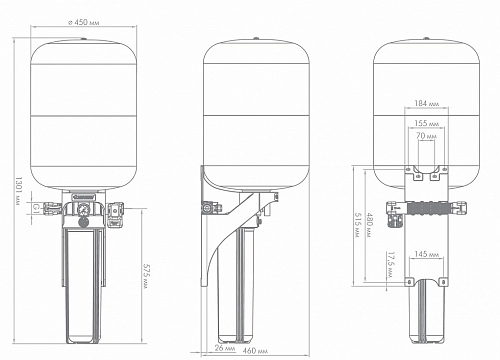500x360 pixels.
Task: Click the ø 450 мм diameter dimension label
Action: pos(83,22)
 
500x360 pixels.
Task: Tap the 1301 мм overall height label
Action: pos(19,191)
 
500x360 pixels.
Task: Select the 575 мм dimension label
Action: pos(146,276)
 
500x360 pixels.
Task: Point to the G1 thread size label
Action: pos(36,209)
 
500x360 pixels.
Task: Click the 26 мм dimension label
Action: pos(225,348)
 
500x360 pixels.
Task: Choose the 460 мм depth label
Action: pos(255,351)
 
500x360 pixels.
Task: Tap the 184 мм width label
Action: pos(427,104)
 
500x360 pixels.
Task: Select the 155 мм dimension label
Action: pos(427,123)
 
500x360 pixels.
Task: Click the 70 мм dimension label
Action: pos(426,136)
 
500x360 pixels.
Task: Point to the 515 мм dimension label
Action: pos(357,225)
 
